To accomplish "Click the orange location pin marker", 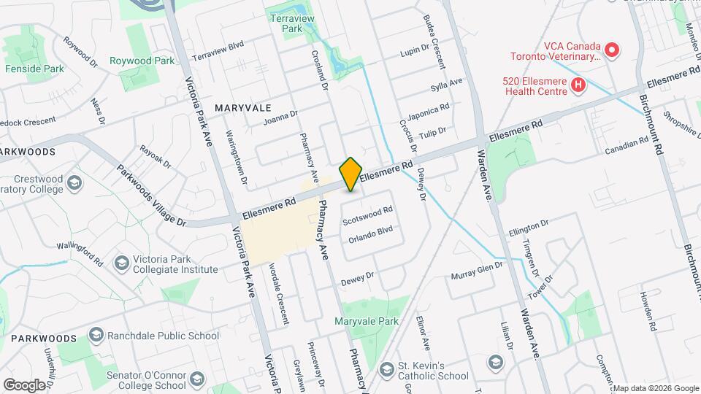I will click(351, 174).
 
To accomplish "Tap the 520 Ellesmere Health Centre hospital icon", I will click(578, 85).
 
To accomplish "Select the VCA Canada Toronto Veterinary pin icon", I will click(611, 50).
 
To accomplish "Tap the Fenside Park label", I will click(34, 69).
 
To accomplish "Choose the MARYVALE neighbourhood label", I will click(243, 107).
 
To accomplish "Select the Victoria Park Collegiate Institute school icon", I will click(121, 262).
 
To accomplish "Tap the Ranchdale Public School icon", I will click(95, 335).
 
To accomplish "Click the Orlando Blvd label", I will click(371, 235).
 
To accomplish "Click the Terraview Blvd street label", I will click(217, 50).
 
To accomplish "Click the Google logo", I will click(23, 385).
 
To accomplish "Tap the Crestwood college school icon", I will click(74, 182).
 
